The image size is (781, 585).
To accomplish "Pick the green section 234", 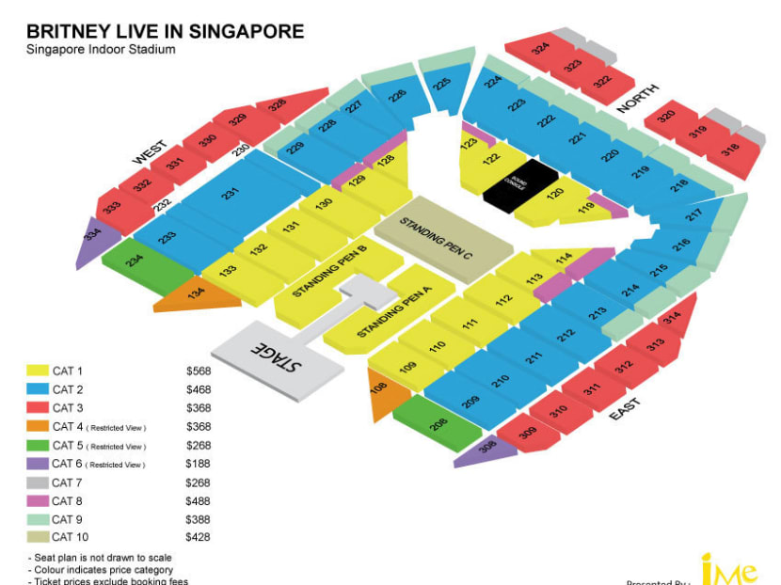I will click(x=137, y=261).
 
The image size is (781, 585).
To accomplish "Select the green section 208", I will click(x=437, y=424).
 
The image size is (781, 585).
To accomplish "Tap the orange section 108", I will click(x=380, y=389).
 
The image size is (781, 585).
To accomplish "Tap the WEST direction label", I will click(x=149, y=150).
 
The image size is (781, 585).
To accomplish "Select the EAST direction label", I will click(x=625, y=407).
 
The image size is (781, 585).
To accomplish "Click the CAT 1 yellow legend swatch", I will click(x=38, y=371).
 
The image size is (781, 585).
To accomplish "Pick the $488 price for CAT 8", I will click(x=198, y=500).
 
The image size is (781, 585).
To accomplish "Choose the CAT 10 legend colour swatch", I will click(x=38, y=537).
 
